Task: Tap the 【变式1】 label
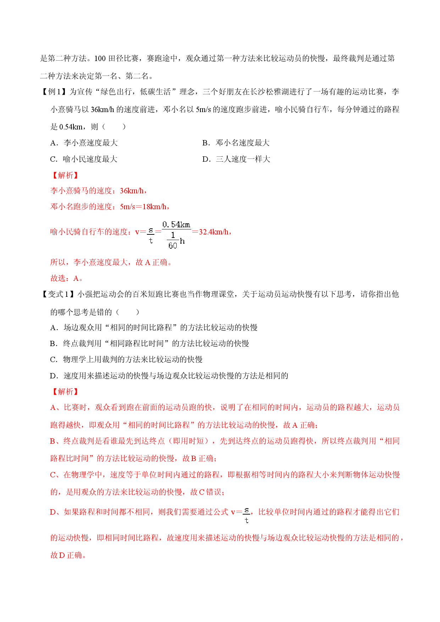(57, 294)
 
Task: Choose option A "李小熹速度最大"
(84, 143)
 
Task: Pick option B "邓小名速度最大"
(236, 143)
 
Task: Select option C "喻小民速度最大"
(84, 159)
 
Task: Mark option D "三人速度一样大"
(236, 159)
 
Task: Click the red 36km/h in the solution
(132, 191)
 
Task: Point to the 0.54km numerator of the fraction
(176, 224)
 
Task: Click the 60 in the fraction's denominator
(173, 245)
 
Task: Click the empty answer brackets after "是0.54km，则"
(114, 127)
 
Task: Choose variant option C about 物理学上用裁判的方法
(126, 360)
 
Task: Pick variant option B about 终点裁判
(149, 343)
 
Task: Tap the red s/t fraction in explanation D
(247, 515)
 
